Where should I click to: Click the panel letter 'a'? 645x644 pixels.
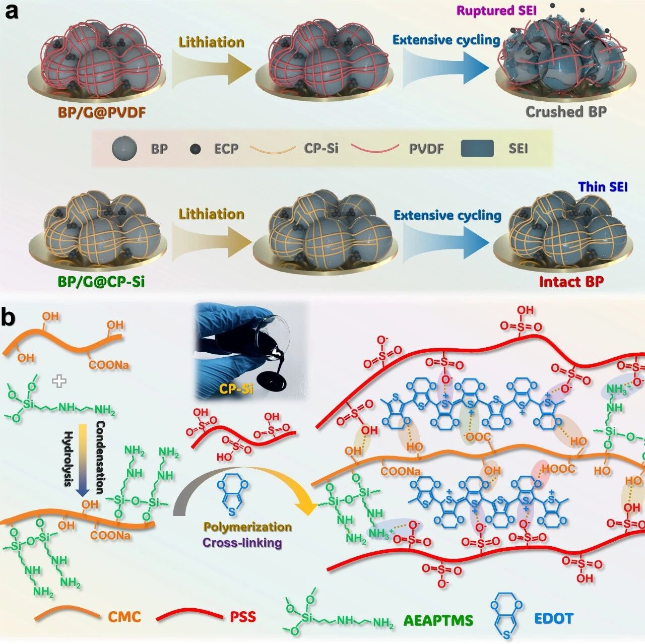pyautogui.click(x=11, y=11)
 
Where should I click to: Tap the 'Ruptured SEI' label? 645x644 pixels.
pyautogui.click(x=496, y=11)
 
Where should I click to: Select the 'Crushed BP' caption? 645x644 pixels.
pyautogui.click(x=566, y=112)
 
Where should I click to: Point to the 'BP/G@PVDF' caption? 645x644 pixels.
pyautogui.click(x=102, y=112)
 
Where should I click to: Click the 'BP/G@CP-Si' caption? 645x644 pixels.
pyautogui.click(x=101, y=281)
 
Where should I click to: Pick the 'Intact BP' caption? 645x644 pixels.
pyautogui.click(x=571, y=281)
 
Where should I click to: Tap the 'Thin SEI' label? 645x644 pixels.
pyautogui.click(x=603, y=187)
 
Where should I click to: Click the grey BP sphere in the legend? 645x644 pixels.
pyautogui.click(x=124, y=149)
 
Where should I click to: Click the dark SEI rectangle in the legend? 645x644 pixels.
pyautogui.click(x=477, y=149)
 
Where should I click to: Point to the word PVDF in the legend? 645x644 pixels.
pyautogui.click(x=426, y=149)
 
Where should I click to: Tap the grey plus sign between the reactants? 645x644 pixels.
pyautogui.click(x=59, y=381)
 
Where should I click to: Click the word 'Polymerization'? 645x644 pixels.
pyautogui.click(x=247, y=527)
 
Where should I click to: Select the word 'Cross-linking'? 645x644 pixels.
pyautogui.click(x=242, y=543)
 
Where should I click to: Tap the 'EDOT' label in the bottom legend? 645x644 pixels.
pyautogui.click(x=554, y=618)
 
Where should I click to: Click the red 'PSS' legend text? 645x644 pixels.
pyautogui.click(x=243, y=617)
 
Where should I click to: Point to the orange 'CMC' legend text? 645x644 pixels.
pyautogui.click(x=124, y=617)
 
